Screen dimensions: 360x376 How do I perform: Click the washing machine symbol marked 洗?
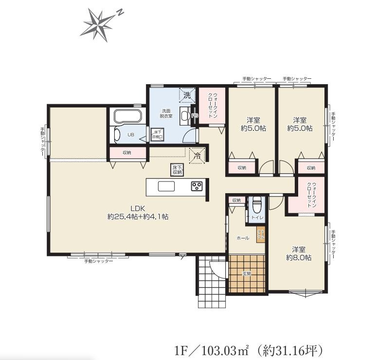[187, 95]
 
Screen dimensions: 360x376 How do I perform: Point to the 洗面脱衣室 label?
[166, 113]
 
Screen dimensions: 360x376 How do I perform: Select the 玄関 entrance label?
[247, 273]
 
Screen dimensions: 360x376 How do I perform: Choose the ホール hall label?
[242, 238]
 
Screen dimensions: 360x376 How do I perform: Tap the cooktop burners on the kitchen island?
[197, 186]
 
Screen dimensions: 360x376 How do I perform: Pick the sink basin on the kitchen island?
[166, 186]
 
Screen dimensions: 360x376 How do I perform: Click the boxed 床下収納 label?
[177, 169]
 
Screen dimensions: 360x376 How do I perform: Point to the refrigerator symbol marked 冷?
[197, 156]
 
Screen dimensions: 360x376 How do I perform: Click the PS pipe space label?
[195, 116]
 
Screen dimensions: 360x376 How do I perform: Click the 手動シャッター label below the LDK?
[99, 261]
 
